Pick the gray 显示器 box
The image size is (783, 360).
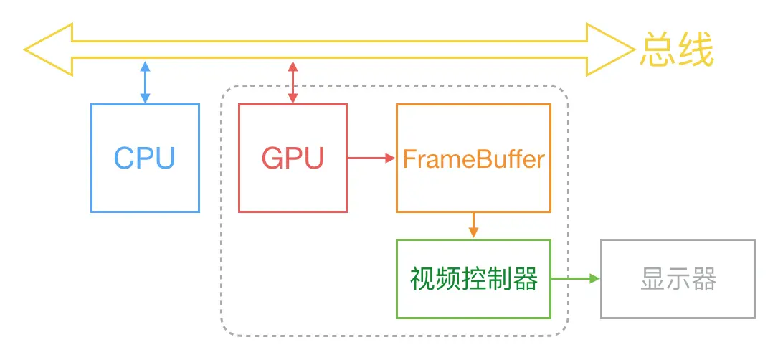pyautogui.click(x=678, y=279)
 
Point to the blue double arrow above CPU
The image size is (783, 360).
pyautogui.click(x=145, y=82)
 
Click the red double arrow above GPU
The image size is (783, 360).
pyautogui.click(x=293, y=82)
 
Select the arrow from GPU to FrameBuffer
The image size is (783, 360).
pyautogui.click(x=371, y=158)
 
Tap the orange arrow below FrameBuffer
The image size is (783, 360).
pyautogui.click(x=473, y=225)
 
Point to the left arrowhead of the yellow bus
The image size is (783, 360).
pyautogui.click(x=47, y=49)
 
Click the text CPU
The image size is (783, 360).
pyautogui.click(x=145, y=158)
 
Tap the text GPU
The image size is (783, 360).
pyautogui.click(x=293, y=158)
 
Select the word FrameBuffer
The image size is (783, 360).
pyautogui.click(x=473, y=158)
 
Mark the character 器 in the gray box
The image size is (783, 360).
pyautogui.click(x=704, y=280)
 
